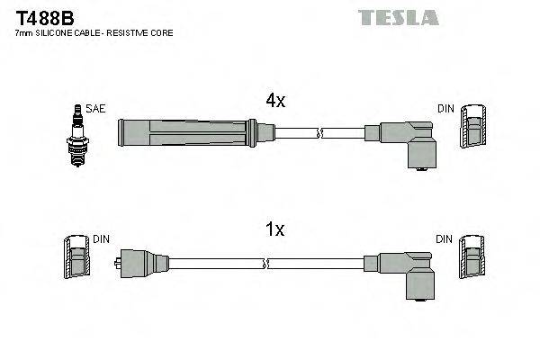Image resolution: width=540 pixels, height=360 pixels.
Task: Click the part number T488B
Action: coord(42,17)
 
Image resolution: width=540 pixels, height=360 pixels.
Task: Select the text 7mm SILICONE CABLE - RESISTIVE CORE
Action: coord(94,32)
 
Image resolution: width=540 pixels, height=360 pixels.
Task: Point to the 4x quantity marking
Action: coord(274,102)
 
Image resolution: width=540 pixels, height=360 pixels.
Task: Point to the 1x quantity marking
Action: coord(274,230)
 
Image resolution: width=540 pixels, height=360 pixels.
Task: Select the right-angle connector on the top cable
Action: coord(409,142)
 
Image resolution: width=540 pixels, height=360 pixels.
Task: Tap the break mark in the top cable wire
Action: coord(319,134)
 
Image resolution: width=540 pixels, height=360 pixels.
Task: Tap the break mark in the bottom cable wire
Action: coord(267,263)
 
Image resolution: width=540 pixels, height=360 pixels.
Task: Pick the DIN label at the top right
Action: coord(445,109)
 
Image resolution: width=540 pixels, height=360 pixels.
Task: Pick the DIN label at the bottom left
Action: coord(102,239)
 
